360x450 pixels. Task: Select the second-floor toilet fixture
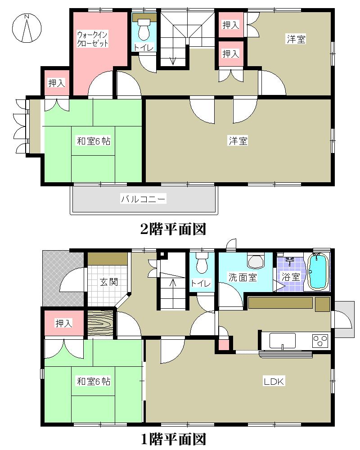144,30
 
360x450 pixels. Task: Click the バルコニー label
144,198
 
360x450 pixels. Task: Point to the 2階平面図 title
173,229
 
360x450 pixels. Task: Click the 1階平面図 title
173,438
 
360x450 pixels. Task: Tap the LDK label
274,382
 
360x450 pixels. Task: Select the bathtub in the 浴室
318,272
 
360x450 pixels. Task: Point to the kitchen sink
282,341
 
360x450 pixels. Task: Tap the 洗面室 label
243,277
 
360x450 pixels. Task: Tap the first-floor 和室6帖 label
93,382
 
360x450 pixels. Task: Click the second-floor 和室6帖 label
93,141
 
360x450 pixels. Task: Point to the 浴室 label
291,277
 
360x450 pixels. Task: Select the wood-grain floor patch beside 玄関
100,323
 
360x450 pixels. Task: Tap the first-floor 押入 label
63,323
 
